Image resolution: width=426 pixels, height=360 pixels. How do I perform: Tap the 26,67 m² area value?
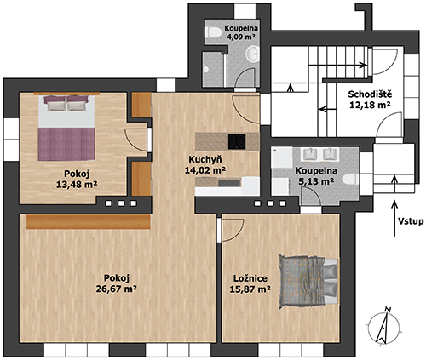pyautogui.click(x=117, y=289)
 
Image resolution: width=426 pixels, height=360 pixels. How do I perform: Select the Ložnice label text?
pyautogui.click(x=250, y=278)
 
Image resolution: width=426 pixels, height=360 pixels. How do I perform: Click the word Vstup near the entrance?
pyautogui.click(x=411, y=221)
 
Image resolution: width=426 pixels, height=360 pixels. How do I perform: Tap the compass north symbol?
pyautogui.click(x=384, y=327)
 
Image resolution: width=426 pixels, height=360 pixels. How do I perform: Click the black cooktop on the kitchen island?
pyautogui.click(x=237, y=141)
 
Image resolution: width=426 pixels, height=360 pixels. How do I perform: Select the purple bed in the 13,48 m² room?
pyautogui.click(x=66, y=128)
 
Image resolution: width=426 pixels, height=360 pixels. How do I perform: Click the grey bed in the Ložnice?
pyautogui.click(x=308, y=281)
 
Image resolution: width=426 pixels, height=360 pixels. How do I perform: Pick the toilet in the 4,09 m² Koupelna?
pyautogui.click(x=215, y=32)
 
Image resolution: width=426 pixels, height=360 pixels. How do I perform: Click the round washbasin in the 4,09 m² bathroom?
pyautogui.click(x=252, y=54)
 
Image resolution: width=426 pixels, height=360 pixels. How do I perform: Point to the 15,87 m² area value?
pyautogui.click(x=250, y=289)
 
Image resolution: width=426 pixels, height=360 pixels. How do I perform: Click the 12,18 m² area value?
pyautogui.click(x=370, y=105)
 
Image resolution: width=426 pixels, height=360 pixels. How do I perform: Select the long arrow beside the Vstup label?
pyautogui.click(x=394, y=219)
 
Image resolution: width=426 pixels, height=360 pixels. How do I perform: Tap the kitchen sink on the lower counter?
pyautogui.click(x=229, y=182)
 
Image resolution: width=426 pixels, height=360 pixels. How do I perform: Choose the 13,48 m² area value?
pyautogui.click(x=77, y=185)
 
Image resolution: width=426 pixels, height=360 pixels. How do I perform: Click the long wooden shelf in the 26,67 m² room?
pyautogui.click(x=89, y=221)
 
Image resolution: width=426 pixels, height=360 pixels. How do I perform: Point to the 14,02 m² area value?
pyautogui.click(x=205, y=170)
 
